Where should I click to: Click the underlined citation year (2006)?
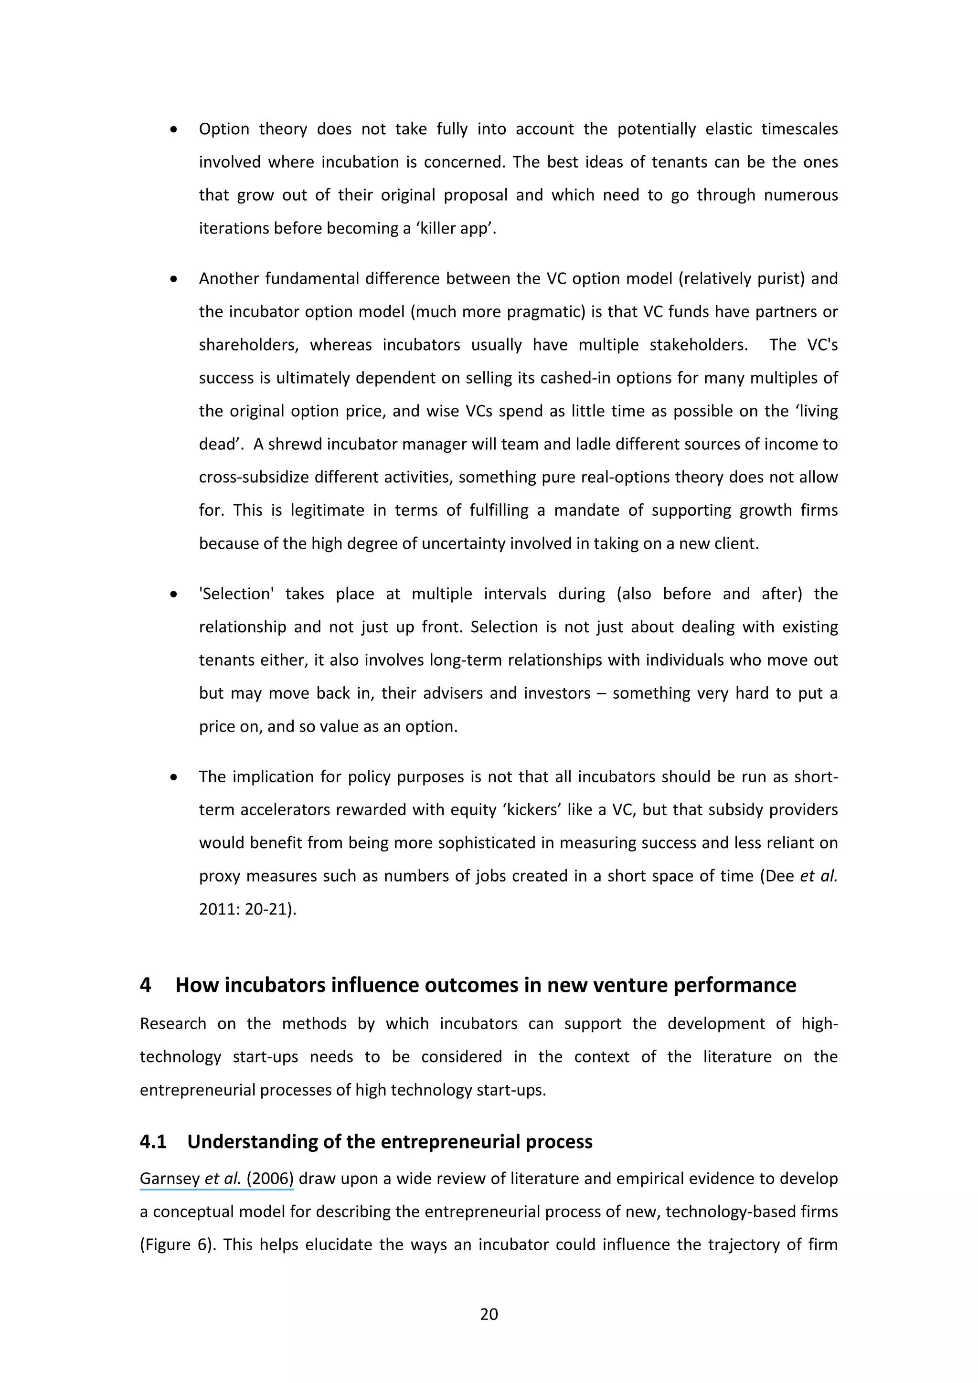point(269,1178)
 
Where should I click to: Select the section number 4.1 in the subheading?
point(153,1141)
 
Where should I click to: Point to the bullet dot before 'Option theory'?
point(173,129)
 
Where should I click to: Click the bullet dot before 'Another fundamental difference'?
point(173,279)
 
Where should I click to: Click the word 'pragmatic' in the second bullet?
point(546,312)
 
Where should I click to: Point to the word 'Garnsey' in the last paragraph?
point(170,1178)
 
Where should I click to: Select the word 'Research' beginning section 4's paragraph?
point(173,1024)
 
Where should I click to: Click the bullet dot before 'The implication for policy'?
point(173,777)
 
